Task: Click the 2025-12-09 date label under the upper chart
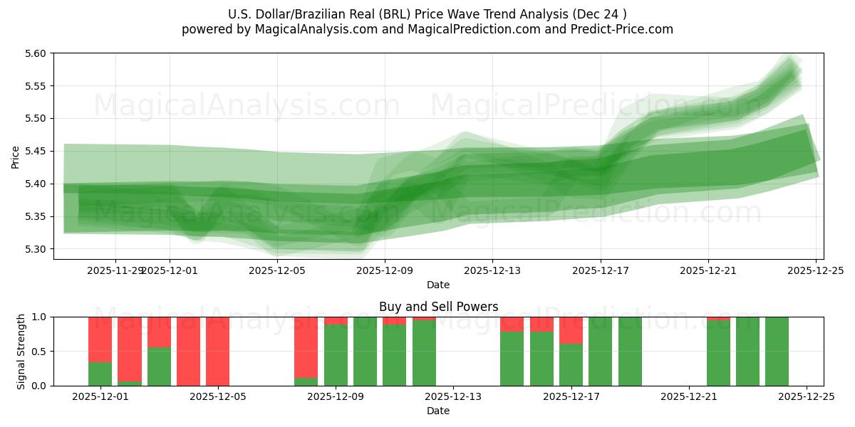coord(385,270)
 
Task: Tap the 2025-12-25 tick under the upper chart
coord(816,270)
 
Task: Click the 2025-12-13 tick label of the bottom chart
coord(453,397)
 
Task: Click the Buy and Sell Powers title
coord(438,307)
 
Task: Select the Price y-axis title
coord(16,157)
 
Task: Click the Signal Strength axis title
coord(21,351)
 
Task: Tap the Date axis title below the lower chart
coord(438,411)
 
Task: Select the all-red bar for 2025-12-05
coord(217,351)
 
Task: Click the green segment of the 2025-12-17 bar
coord(571,364)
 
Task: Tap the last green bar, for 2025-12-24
coord(777,351)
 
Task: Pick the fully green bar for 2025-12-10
coord(365,351)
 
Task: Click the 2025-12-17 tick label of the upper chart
coord(600,270)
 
